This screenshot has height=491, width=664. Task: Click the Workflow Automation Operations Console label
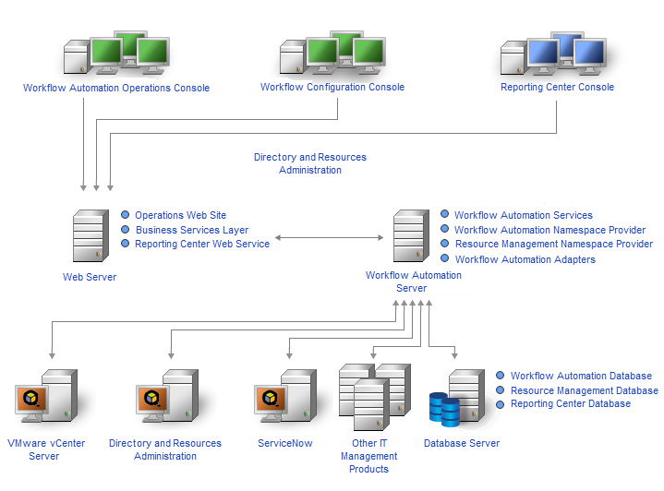tap(116, 89)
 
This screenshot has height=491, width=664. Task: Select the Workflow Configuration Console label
tap(332, 88)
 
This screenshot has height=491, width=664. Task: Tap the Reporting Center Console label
tap(557, 88)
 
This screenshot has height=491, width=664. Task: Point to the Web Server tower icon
tap(89, 238)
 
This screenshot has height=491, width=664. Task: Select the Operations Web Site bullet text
tap(180, 215)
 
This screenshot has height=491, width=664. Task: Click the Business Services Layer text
tap(192, 230)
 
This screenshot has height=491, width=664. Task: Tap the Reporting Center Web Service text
tap(202, 245)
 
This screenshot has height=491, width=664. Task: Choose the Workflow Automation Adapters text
tap(525, 259)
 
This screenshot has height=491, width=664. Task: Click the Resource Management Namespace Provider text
tap(553, 245)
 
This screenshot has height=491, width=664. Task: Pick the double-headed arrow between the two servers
tap(329, 238)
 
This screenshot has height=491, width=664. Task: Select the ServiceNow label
tap(284, 443)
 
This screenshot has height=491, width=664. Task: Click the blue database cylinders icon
tap(444, 408)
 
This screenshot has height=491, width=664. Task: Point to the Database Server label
tap(462, 443)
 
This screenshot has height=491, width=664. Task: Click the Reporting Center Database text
tap(570, 403)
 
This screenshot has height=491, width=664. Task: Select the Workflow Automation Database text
tap(581, 376)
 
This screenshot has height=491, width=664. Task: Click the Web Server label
tap(90, 276)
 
